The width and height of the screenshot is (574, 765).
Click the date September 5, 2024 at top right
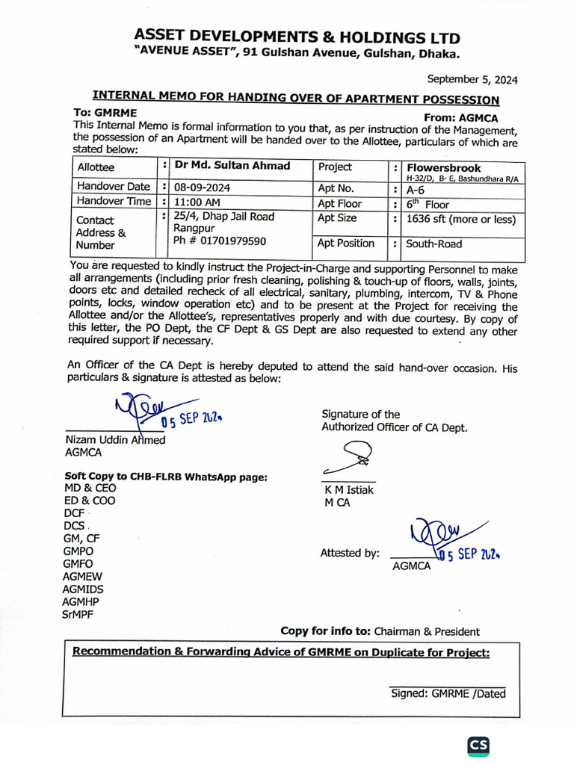(472, 79)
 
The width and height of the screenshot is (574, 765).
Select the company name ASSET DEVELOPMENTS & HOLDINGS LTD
(297, 37)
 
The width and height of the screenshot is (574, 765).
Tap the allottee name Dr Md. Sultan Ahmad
(232, 166)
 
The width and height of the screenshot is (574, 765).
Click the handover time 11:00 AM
(197, 202)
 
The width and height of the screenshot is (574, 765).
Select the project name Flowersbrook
(443, 168)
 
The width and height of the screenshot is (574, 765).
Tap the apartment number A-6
(416, 190)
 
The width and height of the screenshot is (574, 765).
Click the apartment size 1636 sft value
(461, 219)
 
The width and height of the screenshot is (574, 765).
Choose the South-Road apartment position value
(433, 244)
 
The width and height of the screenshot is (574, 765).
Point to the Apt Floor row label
(339, 204)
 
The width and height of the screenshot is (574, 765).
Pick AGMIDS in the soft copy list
(83, 589)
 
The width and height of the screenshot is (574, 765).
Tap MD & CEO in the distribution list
(90, 488)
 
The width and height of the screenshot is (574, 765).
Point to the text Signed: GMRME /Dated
(448, 693)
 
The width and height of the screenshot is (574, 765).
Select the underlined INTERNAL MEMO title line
(295, 98)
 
